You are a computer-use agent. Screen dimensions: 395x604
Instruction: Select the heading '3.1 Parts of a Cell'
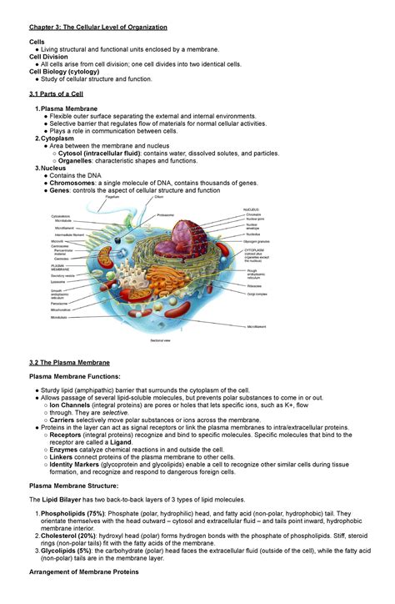click(x=58, y=95)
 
